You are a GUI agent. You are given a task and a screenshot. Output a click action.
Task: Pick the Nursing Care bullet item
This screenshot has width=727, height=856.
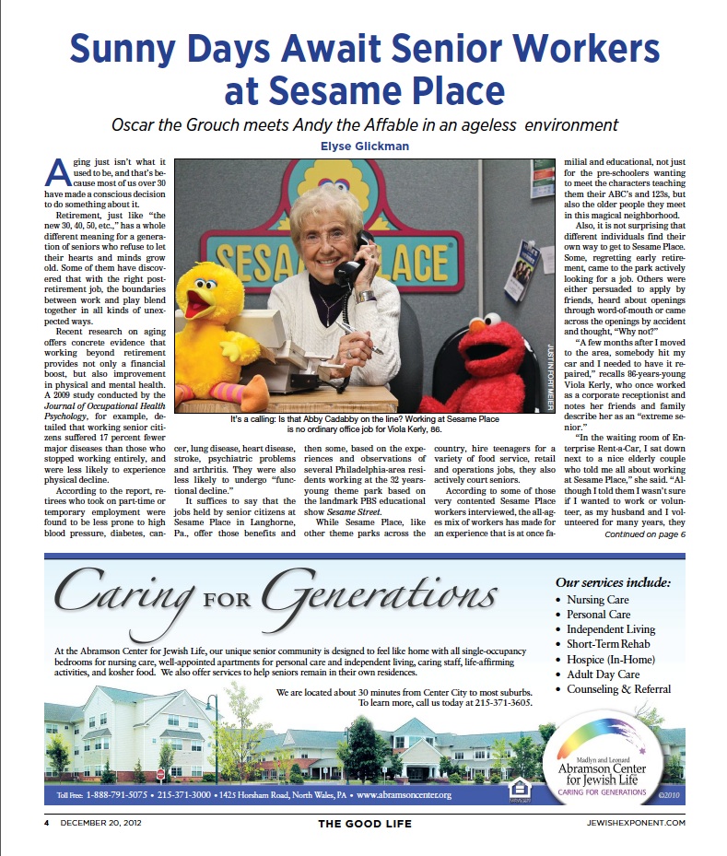[598, 600]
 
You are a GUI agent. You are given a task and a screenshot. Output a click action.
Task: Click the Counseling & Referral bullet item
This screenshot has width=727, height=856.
[619, 688]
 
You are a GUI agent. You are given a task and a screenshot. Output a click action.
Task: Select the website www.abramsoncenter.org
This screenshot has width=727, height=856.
[404, 794]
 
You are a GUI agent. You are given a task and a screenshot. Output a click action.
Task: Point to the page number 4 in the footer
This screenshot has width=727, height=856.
[44, 822]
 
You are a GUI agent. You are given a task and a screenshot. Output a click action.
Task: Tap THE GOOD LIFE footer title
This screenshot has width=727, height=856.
[365, 822]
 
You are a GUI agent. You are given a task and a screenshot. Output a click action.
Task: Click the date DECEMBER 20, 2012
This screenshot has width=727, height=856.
[100, 822]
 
